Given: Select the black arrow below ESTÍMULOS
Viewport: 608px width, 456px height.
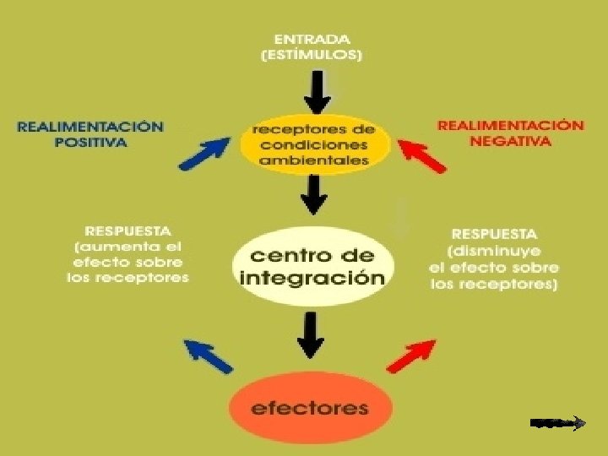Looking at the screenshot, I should [x=318, y=91].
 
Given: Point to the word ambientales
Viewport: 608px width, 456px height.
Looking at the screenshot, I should [x=314, y=160].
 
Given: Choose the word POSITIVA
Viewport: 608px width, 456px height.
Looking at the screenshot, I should [x=91, y=142].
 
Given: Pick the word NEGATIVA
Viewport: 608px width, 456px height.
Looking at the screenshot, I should [x=510, y=141].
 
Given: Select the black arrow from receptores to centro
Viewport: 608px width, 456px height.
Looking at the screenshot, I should [x=315, y=195].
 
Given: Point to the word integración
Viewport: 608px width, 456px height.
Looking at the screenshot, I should [x=312, y=278].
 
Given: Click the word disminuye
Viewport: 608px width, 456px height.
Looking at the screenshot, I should [x=495, y=251].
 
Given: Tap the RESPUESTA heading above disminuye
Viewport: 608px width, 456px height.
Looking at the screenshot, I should [x=493, y=233].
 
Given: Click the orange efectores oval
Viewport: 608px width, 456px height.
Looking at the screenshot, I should [x=310, y=409].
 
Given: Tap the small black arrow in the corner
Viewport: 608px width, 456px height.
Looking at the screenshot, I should [x=558, y=422].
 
